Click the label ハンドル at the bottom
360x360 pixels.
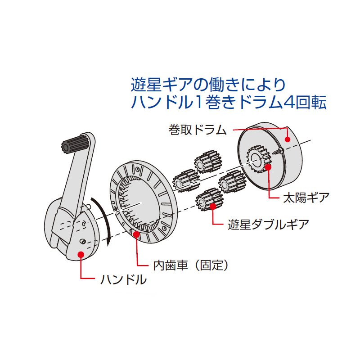click(x=123, y=280)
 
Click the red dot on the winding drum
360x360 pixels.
click(x=287, y=139)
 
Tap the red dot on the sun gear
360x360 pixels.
click(x=268, y=167)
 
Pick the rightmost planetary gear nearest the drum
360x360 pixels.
click(x=231, y=182)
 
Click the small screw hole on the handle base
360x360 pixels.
click(x=83, y=242)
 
